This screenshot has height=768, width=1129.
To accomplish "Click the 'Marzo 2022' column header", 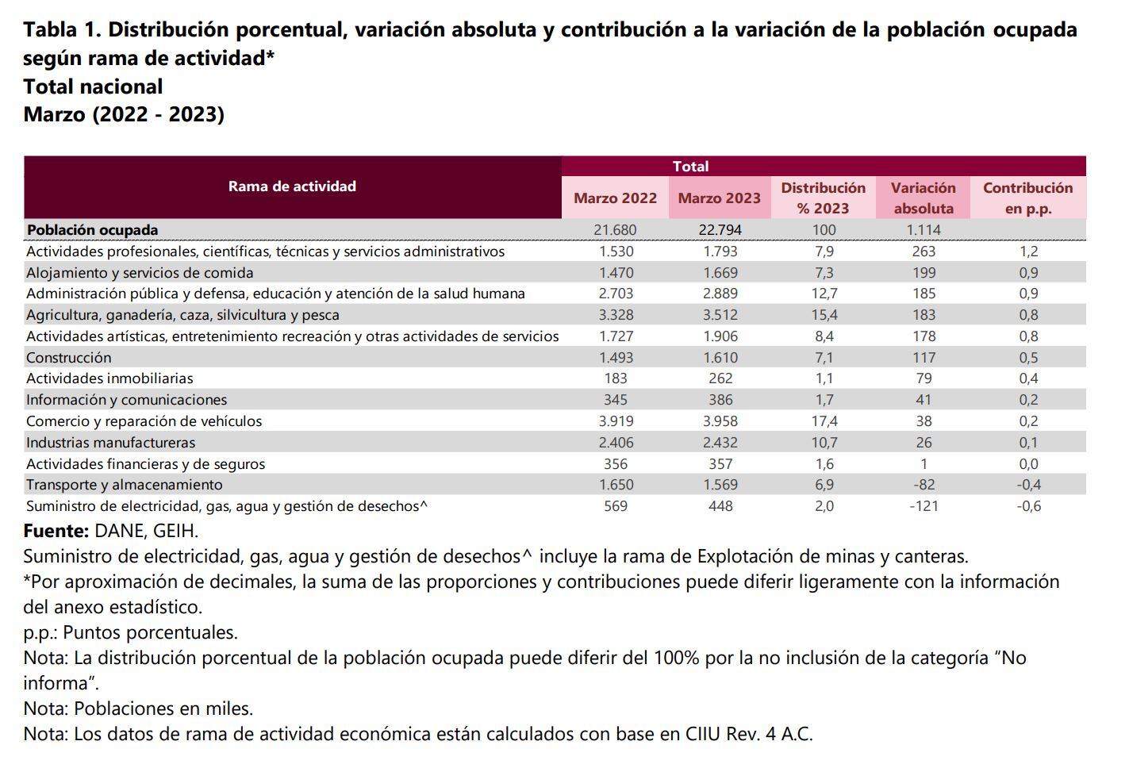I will point(615,198).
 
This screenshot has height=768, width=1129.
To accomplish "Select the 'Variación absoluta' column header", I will point(923,198).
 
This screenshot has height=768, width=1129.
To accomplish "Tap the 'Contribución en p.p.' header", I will point(1027,198).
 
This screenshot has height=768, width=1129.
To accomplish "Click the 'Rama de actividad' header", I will point(292,186).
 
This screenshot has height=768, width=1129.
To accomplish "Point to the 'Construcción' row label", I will point(69,358).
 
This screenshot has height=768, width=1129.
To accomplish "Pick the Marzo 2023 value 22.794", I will point(720,230).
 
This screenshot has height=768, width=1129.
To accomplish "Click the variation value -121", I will point(923,506).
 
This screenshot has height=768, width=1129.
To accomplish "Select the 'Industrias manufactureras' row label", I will point(110,443).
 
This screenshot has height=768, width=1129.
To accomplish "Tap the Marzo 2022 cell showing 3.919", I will point(615,421).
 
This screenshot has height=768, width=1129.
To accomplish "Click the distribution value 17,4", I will point(824,421).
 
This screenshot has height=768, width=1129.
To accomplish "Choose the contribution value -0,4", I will point(1028,485).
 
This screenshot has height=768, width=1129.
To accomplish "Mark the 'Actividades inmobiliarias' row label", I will point(109,379).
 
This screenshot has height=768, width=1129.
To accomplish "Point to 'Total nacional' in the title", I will point(93,86).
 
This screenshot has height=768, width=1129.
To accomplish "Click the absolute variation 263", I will point(924,252).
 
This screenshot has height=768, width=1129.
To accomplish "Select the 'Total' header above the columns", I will point(690,167).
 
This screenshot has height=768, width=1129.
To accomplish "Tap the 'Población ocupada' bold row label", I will point(93,230).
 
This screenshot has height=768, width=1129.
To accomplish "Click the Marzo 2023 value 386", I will point(720,400).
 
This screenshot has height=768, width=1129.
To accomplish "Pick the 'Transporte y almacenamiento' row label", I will point(125,485).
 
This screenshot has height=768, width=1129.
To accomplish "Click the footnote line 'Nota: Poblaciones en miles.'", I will point(138,708).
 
